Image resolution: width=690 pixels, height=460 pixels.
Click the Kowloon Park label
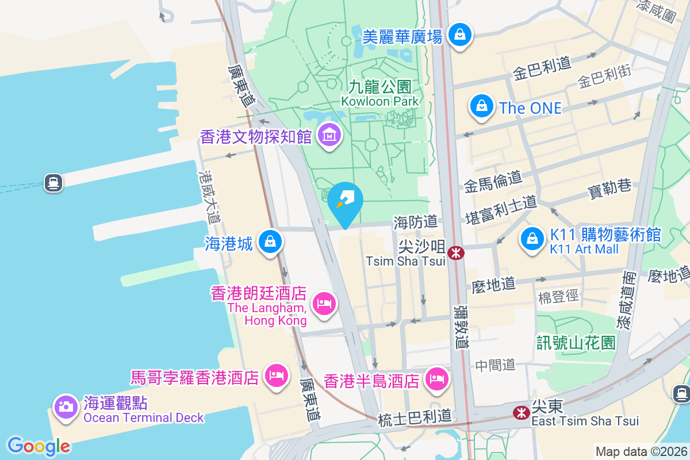(x=380, y=93)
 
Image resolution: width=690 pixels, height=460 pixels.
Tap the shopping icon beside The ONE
(x=481, y=106)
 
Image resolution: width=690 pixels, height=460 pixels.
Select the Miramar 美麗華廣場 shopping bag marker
(x=460, y=35)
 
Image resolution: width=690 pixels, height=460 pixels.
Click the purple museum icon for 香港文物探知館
(x=329, y=136)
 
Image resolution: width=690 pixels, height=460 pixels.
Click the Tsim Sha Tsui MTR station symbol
(x=456, y=252)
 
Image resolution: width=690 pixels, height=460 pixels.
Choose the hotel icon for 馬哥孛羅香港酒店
(x=277, y=376)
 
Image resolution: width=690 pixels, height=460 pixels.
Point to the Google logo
(x=39, y=446)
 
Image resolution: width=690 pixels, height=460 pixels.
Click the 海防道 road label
(x=416, y=221)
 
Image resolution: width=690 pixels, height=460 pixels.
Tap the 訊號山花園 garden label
(x=576, y=343)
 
